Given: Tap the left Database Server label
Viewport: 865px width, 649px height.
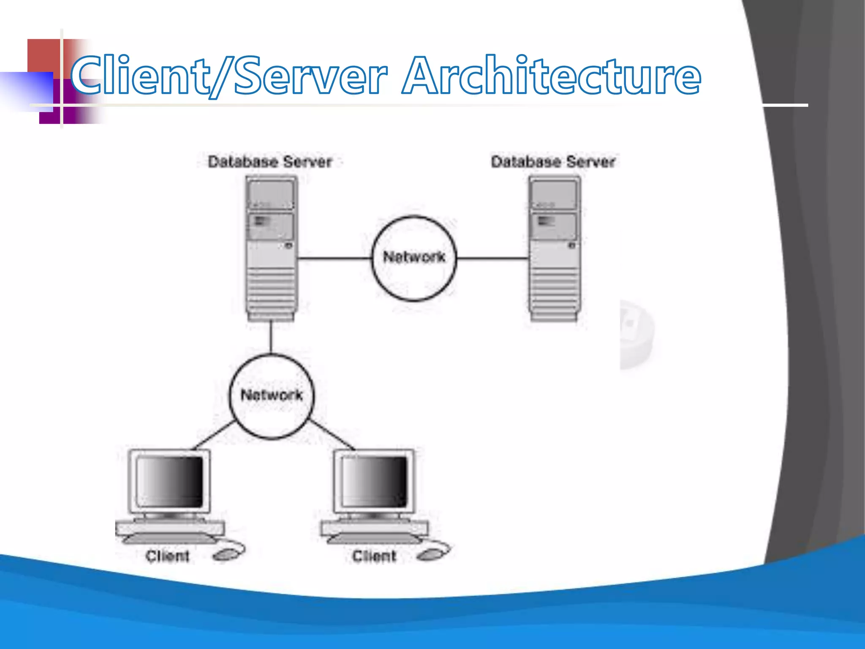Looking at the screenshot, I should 270,162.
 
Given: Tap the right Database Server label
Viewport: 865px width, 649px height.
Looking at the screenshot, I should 553,162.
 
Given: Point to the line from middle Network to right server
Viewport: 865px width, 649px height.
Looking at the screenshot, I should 492,258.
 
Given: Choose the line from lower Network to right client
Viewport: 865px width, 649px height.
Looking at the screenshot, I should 332,435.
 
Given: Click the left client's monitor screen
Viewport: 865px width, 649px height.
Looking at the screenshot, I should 170,482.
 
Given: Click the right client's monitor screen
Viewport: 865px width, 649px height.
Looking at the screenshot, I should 374,482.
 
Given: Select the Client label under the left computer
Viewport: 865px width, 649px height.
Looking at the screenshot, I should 167,556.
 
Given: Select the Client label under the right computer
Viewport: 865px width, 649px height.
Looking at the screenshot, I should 374,556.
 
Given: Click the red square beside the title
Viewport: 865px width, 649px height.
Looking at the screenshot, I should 44,55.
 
